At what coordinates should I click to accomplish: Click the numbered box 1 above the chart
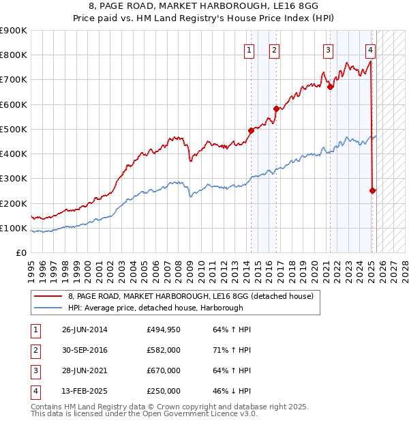tap(249, 50)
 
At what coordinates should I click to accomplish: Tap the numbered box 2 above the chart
tap(273, 50)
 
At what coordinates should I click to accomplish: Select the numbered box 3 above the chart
tap(328, 50)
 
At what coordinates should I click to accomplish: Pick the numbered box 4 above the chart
tap(370, 50)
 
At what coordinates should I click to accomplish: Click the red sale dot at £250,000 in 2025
tap(373, 191)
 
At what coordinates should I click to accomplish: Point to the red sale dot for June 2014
tap(251, 130)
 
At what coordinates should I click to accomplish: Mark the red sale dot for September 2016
tap(276, 108)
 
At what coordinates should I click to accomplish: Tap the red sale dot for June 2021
tap(330, 87)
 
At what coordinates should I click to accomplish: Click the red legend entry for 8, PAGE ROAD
tap(190, 296)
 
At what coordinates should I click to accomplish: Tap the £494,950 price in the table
tap(163, 330)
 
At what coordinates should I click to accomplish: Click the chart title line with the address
tap(204, 7)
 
